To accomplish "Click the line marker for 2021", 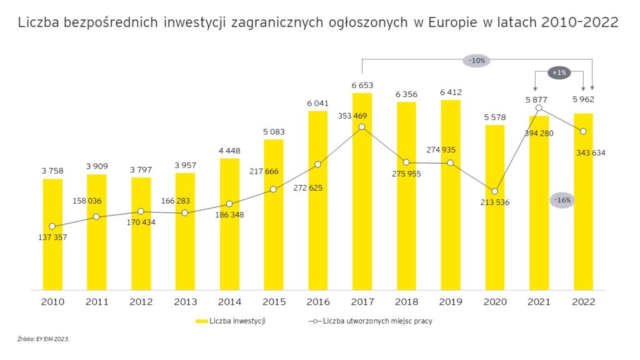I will point(539,108).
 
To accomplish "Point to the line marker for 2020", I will point(494,191).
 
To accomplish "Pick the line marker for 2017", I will point(362,127).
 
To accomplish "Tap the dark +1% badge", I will point(558,72).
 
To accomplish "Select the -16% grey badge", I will point(561,200).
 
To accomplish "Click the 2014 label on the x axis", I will point(229,301).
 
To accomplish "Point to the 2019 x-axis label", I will point(450,301).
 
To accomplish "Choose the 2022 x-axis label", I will point(583,301).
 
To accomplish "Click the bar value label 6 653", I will point(362,85).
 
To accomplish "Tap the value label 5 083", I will point(274,132).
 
